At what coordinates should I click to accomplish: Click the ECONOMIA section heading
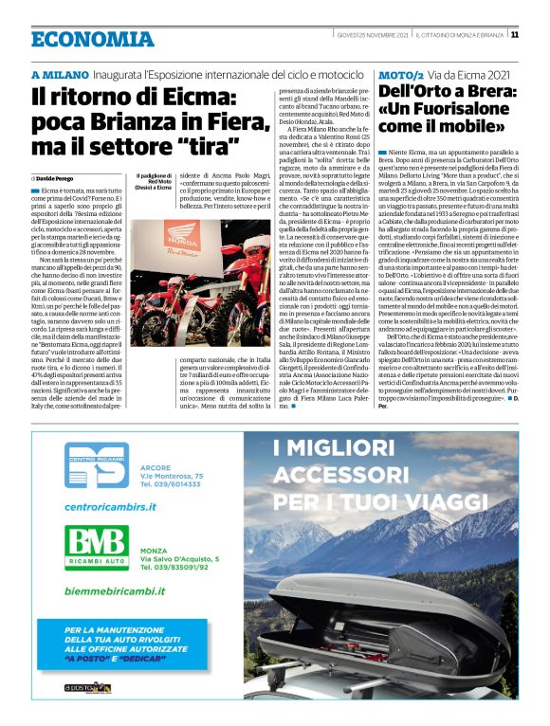tap(92, 39)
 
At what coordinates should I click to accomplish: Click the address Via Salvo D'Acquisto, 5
tap(179, 558)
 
